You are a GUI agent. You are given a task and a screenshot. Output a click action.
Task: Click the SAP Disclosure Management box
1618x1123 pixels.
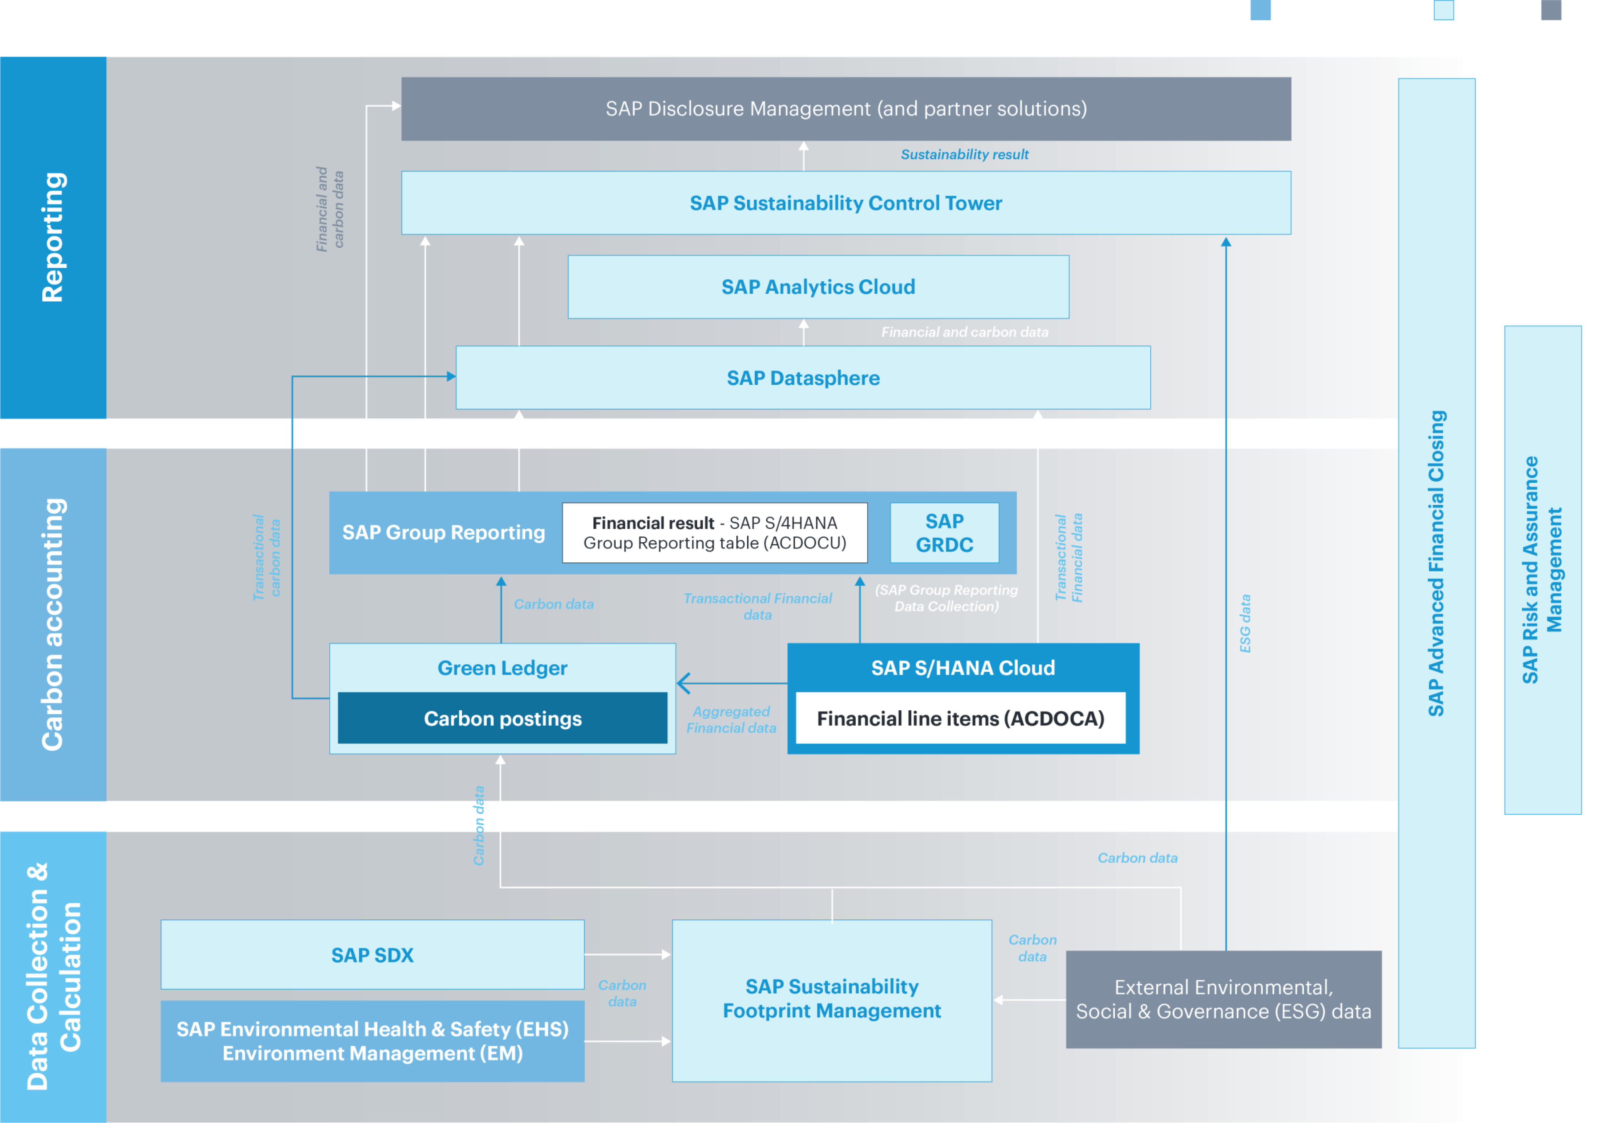coord(846,109)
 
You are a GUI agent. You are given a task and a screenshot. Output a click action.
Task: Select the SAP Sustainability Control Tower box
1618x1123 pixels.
coord(846,203)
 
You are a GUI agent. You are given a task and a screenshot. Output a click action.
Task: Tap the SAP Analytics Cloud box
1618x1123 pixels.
coord(818,287)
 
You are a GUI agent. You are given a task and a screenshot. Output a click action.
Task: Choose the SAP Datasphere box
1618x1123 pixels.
coord(803,378)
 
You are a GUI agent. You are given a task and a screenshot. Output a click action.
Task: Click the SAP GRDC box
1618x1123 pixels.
coord(944,533)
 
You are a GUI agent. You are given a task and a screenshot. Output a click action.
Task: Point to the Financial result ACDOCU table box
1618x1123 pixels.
coord(714,533)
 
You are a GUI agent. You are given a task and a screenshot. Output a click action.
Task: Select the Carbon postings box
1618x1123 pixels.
coord(502,718)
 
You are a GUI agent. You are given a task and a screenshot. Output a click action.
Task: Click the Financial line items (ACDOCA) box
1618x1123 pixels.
coord(960,718)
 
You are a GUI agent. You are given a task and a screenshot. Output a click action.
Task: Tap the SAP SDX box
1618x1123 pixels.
coord(372,955)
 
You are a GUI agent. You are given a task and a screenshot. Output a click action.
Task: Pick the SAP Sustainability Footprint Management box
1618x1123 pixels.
coord(832,999)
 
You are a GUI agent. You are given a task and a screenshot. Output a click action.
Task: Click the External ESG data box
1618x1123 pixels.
coord(1223,999)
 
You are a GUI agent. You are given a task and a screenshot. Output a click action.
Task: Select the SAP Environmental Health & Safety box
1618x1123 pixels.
coord(372,1041)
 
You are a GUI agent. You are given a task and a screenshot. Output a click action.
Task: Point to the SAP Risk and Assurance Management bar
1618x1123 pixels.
coord(1543,570)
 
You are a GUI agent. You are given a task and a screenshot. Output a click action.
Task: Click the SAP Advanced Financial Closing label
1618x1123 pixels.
coord(1437,563)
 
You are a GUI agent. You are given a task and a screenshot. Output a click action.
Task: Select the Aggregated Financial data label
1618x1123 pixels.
coord(731,720)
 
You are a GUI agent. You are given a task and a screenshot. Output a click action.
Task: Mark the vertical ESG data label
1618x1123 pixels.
coord(1245,623)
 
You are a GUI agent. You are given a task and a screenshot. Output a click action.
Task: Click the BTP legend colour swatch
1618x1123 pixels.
coord(1443,10)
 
